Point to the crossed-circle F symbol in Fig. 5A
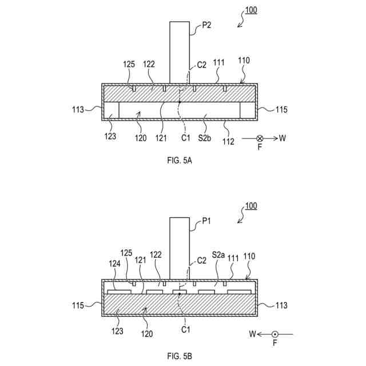coord(260,138)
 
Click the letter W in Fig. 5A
coord(283,138)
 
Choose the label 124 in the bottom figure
coord(114,264)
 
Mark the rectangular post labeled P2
coord(180,52)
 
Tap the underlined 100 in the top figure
coord(251,11)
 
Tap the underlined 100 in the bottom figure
coord(251,206)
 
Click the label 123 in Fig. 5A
coord(110,137)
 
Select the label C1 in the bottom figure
coord(185,330)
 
